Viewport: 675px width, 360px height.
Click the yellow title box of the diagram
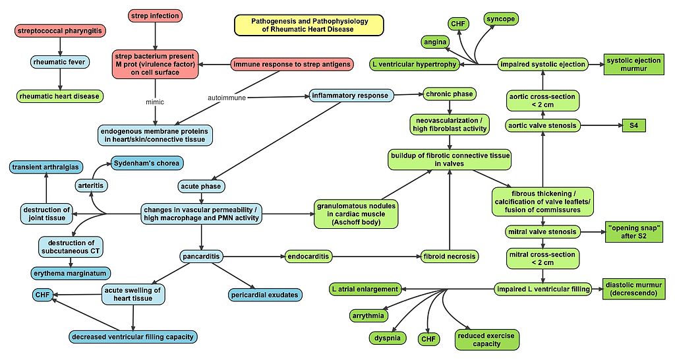(x=309, y=25)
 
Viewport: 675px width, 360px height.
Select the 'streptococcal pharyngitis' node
(x=60, y=30)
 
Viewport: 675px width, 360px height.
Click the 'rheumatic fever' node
(x=60, y=63)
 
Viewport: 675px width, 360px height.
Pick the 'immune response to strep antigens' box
(x=291, y=64)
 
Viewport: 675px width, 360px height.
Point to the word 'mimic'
(x=155, y=102)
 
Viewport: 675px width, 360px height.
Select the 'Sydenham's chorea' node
(x=145, y=162)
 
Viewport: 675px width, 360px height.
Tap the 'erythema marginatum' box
(x=70, y=272)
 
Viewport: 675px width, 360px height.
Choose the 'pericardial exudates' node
(x=265, y=294)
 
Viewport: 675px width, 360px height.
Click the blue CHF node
(x=43, y=294)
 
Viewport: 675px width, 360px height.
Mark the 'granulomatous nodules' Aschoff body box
(x=356, y=214)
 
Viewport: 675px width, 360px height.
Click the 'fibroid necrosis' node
(x=450, y=255)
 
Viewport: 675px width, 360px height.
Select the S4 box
(x=633, y=125)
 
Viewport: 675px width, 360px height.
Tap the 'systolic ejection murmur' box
(x=633, y=64)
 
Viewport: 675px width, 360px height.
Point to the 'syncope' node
(x=502, y=18)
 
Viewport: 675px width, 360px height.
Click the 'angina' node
(x=436, y=42)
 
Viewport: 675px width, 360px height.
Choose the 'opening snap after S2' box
(x=633, y=231)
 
